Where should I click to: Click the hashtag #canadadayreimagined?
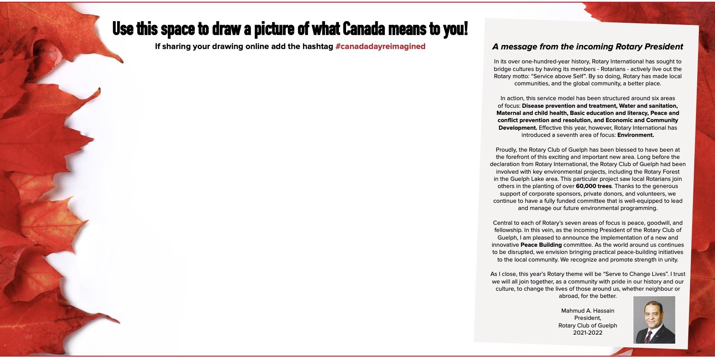380,46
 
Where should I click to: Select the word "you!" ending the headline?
455,29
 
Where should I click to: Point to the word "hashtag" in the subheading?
318,46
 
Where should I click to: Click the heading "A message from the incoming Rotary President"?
587,46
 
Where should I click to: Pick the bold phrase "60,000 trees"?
593,186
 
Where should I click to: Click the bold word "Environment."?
636,135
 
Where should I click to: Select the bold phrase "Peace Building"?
541,245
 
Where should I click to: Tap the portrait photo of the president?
654,320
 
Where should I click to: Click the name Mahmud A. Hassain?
587,311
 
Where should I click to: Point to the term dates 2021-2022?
587,333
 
